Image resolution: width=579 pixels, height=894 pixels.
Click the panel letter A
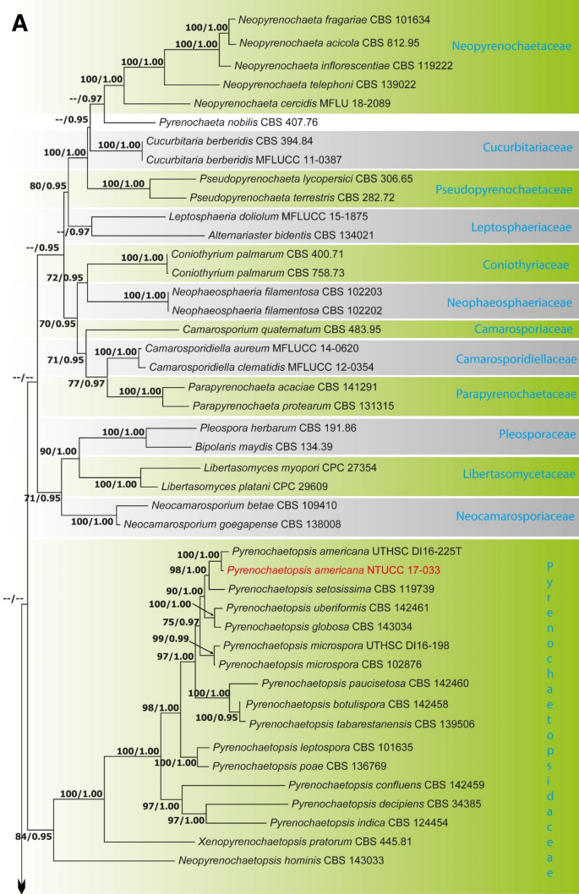(x=23, y=25)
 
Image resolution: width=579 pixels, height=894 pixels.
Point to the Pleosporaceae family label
(x=537, y=434)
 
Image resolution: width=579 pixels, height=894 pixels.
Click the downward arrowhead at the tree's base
(x=22, y=885)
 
